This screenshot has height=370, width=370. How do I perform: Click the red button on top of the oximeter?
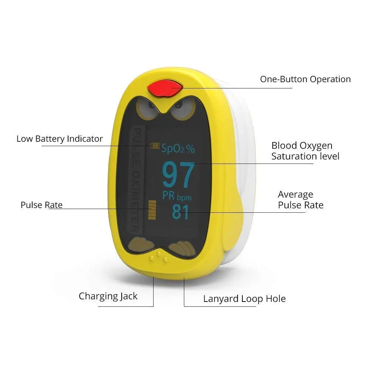tap(165, 88)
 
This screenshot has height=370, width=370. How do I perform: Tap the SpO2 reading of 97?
tap(178, 175)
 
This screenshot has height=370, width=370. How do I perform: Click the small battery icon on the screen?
tap(155, 146)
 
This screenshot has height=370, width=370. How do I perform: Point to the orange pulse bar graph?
tap(152, 210)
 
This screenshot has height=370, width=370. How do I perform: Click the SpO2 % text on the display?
tap(178, 149)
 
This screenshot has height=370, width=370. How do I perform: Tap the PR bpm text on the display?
tap(177, 196)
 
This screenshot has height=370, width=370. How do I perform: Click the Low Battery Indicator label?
tap(60, 139)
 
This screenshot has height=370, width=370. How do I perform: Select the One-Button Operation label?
tap(305, 79)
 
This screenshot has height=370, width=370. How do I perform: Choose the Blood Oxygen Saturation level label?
tap(305, 151)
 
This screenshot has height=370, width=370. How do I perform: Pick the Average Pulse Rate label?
tap(300, 200)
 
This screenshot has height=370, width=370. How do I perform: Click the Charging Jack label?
tap(108, 296)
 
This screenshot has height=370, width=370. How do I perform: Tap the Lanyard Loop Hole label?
tap(245, 299)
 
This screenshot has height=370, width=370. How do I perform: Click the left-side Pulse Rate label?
tap(41, 205)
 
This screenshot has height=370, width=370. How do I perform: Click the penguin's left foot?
tap(141, 245)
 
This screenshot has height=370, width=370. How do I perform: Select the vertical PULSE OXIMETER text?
tap(137, 180)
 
